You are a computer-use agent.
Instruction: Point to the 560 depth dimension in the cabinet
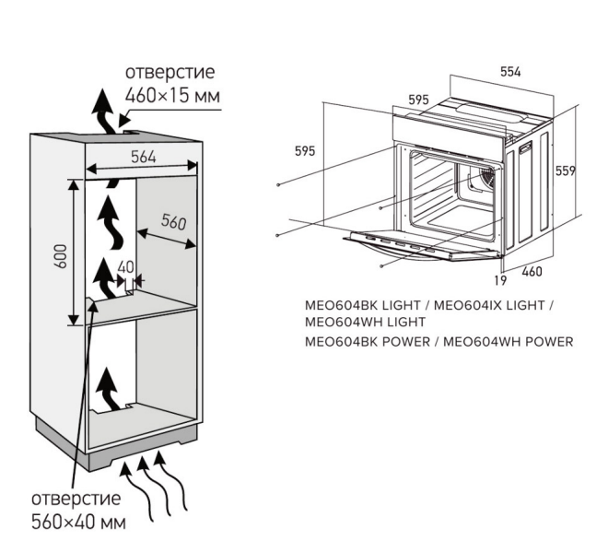pyautogui.click(x=173, y=222)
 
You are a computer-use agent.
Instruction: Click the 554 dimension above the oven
pyautogui.click(x=512, y=71)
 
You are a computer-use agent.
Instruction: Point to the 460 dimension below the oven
pyautogui.click(x=534, y=272)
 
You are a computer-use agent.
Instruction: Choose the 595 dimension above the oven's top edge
pyautogui.click(x=419, y=100)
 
